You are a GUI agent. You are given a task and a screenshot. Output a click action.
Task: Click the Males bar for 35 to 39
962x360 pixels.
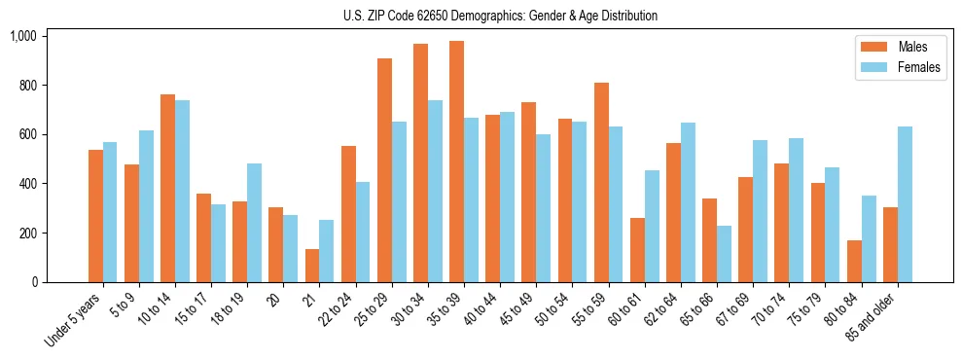[456, 162]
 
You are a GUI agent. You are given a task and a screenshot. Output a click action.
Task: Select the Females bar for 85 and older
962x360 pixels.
[905, 204]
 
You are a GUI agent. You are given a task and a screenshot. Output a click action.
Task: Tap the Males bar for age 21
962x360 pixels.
[312, 266]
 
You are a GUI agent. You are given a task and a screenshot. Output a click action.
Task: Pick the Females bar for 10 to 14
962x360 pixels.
[183, 191]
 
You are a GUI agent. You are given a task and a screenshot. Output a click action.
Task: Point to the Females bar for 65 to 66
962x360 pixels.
[725, 254]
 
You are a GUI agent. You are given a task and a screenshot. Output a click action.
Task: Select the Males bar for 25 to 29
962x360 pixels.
[384, 170]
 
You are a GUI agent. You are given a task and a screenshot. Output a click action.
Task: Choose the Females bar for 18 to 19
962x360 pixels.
[255, 223]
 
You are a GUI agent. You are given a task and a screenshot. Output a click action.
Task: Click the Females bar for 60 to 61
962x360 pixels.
[653, 227]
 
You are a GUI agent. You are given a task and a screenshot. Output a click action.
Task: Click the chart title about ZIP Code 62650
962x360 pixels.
[500, 16]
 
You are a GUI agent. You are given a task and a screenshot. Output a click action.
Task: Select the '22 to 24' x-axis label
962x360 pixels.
[331, 309]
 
